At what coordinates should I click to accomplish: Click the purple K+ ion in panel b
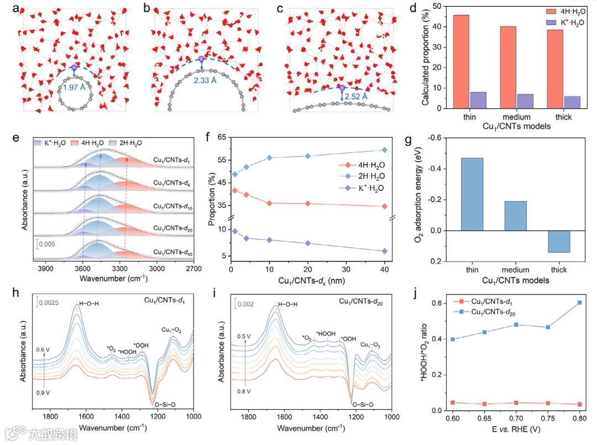(x=201, y=59)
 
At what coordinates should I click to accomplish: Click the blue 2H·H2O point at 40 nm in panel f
(x=384, y=150)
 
